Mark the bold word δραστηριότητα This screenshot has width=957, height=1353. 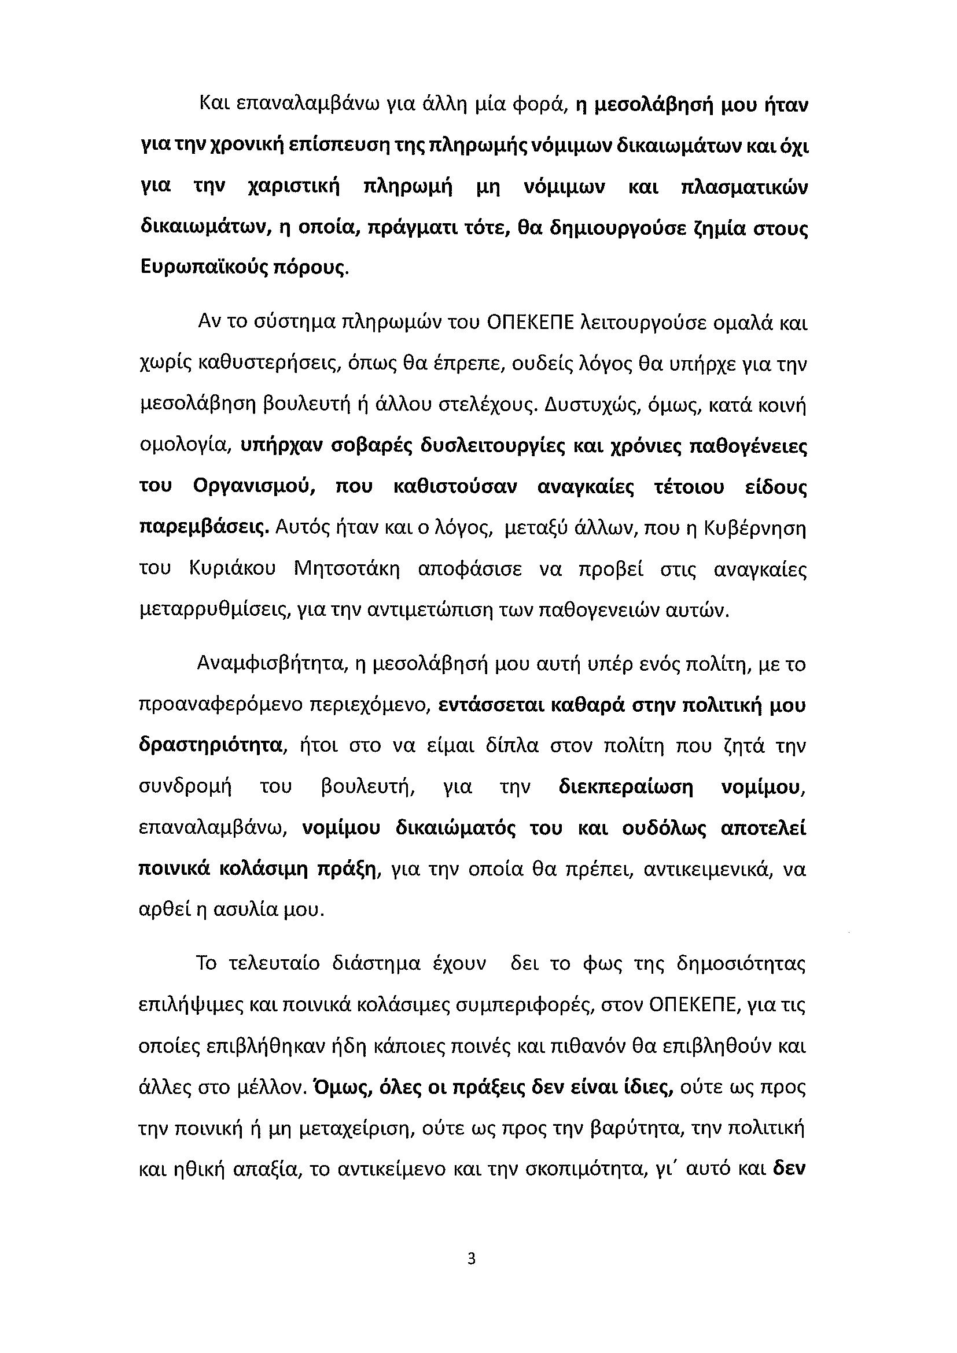coord(209,746)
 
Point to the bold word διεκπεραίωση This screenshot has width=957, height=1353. coord(625,788)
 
